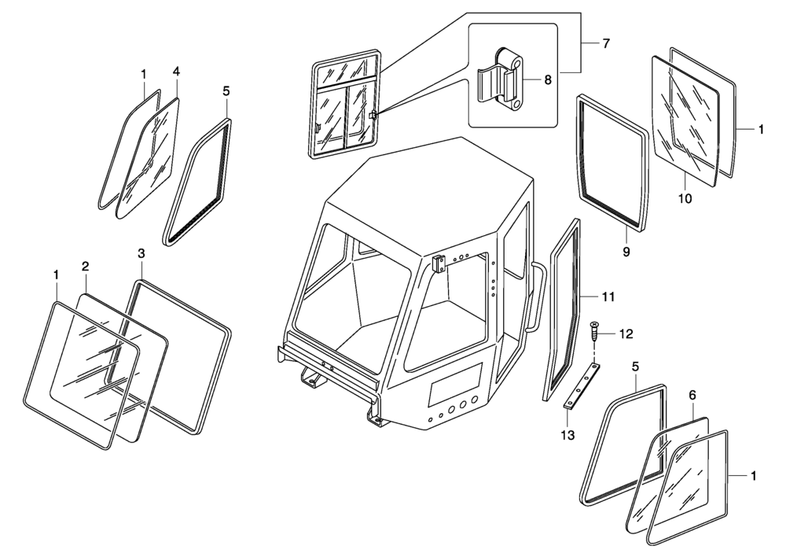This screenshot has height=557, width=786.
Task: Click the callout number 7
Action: [x=606, y=43]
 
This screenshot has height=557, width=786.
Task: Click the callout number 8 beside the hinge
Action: [x=549, y=79]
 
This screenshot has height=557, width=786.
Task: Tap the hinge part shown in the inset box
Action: [x=503, y=83]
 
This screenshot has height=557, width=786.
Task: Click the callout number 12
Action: [x=626, y=334]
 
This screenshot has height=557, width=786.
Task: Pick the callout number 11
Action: [x=608, y=297]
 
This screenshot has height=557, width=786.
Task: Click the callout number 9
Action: [x=626, y=253]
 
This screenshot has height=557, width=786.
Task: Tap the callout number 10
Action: [x=685, y=199]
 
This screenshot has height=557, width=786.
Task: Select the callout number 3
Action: [x=141, y=253]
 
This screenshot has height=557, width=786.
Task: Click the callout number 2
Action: [x=85, y=266]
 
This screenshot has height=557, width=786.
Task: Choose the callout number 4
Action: [x=176, y=72]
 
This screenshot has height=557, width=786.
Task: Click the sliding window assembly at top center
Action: [x=343, y=105]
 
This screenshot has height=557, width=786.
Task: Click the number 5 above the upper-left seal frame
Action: [x=226, y=90]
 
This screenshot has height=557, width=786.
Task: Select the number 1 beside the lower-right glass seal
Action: [x=753, y=476]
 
